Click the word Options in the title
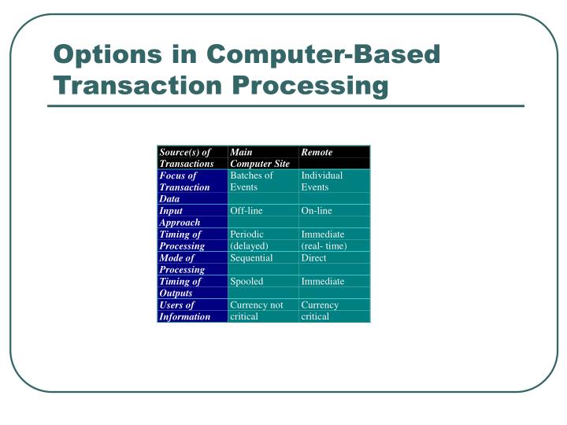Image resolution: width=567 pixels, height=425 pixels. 108,55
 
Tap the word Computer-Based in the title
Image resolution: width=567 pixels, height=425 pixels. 323,55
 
